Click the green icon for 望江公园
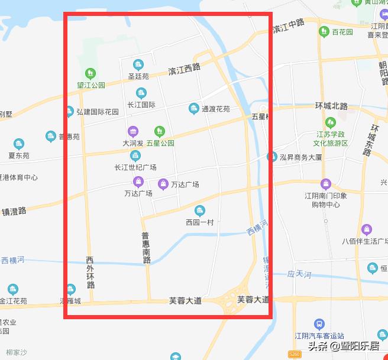(x=90, y=73)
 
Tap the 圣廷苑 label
(x=138, y=76)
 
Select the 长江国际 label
(x=141, y=105)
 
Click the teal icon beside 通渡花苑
(x=193, y=108)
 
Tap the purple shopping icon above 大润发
(x=133, y=131)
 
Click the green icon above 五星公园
(x=159, y=131)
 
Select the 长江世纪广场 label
(x=135, y=167)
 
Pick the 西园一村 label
(x=199, y=222)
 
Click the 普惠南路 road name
(x=146, y=247)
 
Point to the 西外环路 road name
(x=90, y=272)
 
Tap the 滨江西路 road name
(x=184, y=70)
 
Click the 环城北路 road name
(x=331, y=106)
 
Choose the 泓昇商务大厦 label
(x=301, y=157)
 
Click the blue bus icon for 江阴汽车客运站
(x=319, y=324)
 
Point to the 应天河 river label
(x=299, y=274)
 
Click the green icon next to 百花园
(x=324, y=31)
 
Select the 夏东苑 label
(x=19, y=155)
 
